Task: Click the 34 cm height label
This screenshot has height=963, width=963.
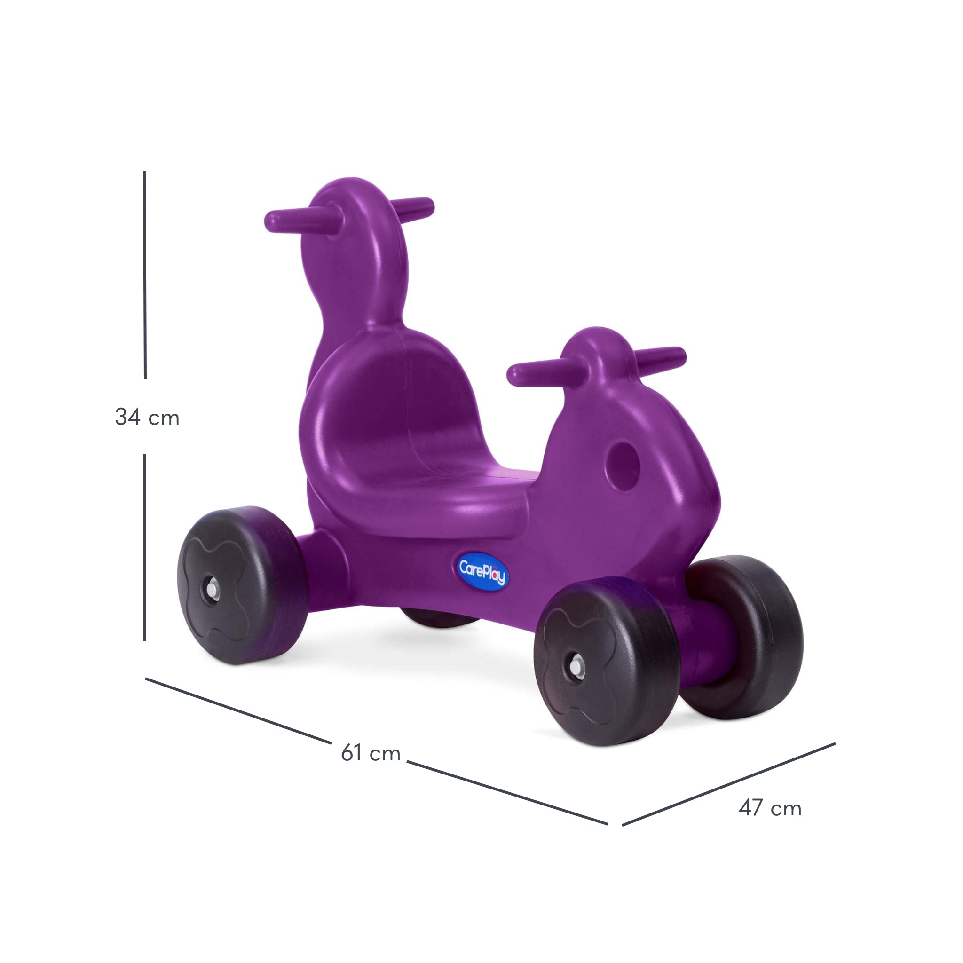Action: click(147, 417)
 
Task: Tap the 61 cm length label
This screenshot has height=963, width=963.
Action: click(371, 753)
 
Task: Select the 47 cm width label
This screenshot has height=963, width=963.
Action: click(770, 808)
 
